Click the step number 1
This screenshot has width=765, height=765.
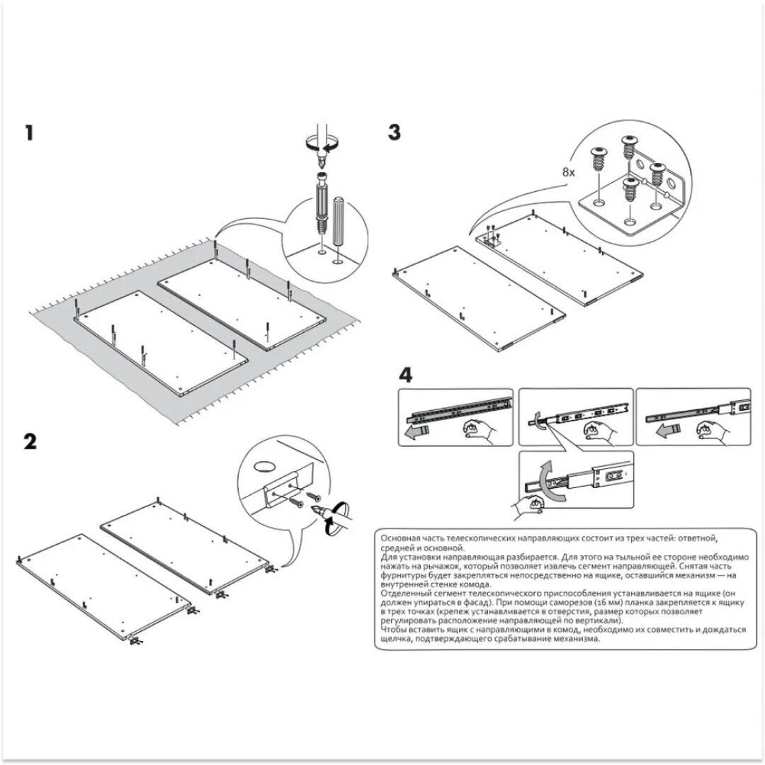tap(29, 133)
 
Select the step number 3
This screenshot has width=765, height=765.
tap(395, 132)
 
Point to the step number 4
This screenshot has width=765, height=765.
tap(405, 374)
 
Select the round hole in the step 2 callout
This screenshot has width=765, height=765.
tap(263, 465)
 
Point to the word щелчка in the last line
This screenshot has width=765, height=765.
tap(398, 637)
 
